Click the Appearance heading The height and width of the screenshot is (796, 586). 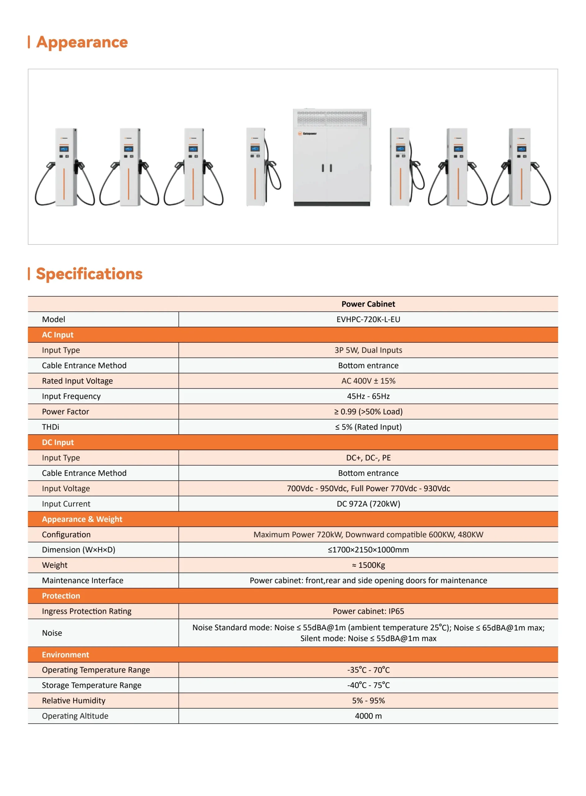click(82, 42)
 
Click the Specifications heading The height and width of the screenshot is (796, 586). click(89, 274)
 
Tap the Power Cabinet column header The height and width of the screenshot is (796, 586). click(368, 304)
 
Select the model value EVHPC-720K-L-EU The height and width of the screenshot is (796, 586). click(368, 319)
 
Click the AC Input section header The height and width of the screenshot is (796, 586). click(58, 335)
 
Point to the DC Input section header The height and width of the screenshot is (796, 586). click(58, 442)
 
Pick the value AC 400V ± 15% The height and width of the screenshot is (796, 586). click(368, 381)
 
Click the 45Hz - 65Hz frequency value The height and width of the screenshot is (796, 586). click(368, 396)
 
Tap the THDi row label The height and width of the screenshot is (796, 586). click(51, 427)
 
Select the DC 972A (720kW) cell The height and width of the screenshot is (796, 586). click(368, 504)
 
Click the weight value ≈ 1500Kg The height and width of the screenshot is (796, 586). click(368, 565)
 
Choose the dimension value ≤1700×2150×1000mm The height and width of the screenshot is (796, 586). click(368, 550)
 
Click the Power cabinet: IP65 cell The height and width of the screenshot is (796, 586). click(368, 611)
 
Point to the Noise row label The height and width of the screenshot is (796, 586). click(52, 633)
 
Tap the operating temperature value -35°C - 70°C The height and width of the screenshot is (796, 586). click(368, 670)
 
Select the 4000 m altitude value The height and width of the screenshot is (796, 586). click(368, 716)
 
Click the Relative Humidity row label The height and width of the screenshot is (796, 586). click(74, 701)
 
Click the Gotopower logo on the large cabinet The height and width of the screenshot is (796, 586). click(307, 134)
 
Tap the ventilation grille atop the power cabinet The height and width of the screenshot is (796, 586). click(332, 118)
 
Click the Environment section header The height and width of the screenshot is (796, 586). click(66, 655)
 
